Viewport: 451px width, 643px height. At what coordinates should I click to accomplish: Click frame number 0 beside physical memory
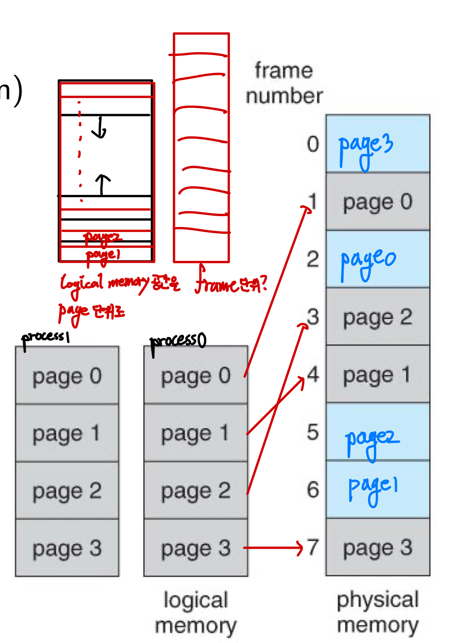pyautogui.click(x=313, y=144)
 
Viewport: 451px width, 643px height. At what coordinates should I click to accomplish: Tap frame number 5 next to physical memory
pyautogui.click(x=313, y=432)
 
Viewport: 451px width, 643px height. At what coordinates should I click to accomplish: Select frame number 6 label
pyautogui.click(x=313, y=490)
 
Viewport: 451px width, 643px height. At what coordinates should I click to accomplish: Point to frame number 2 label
pyautogui.click(x=313, y=259)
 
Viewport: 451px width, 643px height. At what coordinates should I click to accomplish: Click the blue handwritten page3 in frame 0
pyautogui.click(x=366, y=147)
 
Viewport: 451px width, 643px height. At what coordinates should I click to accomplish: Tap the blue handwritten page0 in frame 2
pyautogui.click(x=368, y=262)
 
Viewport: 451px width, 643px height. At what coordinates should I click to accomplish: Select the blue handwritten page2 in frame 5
pyautogui.click(x=371, y=440)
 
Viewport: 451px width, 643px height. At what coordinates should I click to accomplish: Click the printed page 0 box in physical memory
pyautogui.click(x=377, y=202)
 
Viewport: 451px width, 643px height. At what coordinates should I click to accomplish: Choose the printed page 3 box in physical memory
pyautogui.click(x=377, y=547)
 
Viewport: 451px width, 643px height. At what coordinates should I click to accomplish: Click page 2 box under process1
pyautogui.click(x=67, y=490)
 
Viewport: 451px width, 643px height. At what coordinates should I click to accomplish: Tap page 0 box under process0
pyautogui.click(x=196, y=375)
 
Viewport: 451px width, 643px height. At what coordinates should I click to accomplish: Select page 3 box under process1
pyautogui.click(x=67, y=548)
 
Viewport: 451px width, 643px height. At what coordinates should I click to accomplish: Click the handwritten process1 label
pyautogui.click(x=45, y=338)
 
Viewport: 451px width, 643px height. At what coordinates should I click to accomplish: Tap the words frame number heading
pyautogui.click(x=284, y=83)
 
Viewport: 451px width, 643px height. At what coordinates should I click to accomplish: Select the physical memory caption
pyautogui.click(x=378, y=612)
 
